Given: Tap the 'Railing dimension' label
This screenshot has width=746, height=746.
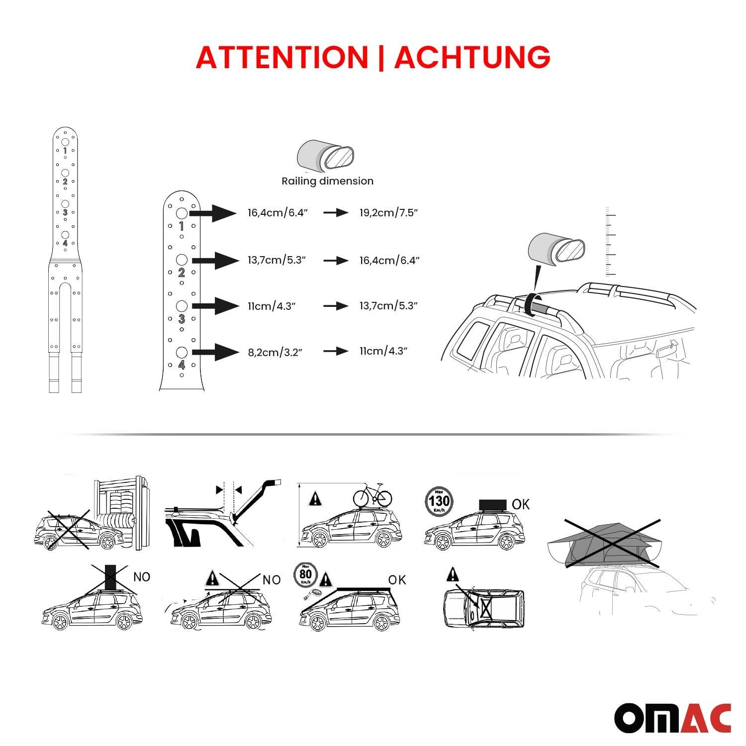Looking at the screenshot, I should click(x=327, y=181).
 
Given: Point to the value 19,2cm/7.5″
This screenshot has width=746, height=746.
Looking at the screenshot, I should click(x=388, y=213).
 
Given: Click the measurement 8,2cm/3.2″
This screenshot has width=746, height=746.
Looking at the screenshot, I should click(x=275, y=353).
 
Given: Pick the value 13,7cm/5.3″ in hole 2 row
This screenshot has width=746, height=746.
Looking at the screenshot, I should click(x=277, y=260).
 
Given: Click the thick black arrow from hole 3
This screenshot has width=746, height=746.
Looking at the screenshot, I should click(x=215, y=306).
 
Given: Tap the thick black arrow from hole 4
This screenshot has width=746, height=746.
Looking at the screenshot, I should click(x=215, y=352).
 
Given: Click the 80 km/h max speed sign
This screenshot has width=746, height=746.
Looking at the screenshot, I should click(x=305, y=576).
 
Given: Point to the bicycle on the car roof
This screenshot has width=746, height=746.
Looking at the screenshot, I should click(x=373, y=494).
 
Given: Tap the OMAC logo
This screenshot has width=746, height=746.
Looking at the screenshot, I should click(x=672, y=718).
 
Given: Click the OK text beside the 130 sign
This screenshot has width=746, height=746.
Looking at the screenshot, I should click(x=520, y=504).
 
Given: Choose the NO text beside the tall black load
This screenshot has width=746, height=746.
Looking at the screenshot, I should click(x=142, y=577).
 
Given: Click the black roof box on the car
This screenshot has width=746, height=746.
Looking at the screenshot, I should click(x=492, y=505).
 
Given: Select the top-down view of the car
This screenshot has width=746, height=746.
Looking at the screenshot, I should click(x=483, y=608).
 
